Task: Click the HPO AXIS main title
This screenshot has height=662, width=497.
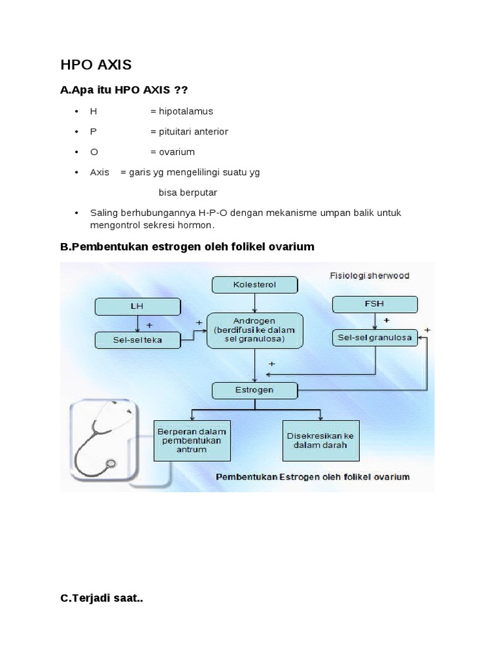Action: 95,65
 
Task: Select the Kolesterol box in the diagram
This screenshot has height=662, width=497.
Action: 255,284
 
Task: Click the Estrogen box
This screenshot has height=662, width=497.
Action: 255,390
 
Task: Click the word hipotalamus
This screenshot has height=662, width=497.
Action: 181,111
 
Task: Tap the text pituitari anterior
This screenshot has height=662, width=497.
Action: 189,131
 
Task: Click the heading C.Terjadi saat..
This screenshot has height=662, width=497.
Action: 102,599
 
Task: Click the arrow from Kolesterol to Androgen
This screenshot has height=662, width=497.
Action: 255,302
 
